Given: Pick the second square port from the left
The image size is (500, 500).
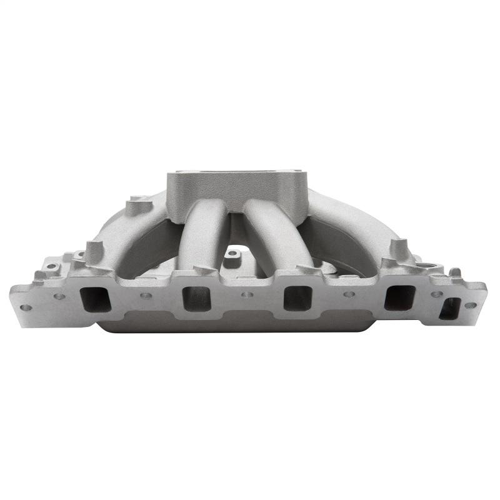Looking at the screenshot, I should pos(196,298).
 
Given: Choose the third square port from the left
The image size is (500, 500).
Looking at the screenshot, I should pos(296,298).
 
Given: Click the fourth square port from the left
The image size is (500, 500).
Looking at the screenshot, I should pos(397,298).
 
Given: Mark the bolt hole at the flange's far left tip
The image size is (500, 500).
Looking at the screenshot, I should pos(26,307).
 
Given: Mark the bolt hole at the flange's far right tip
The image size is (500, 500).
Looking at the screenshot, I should pos(470,306).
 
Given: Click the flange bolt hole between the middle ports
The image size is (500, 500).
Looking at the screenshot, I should pos(246,294).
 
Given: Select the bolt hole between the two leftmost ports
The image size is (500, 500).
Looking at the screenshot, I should pos(146,295).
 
